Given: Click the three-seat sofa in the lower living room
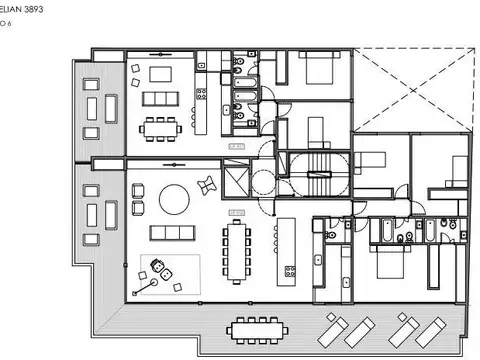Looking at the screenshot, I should point(172,232).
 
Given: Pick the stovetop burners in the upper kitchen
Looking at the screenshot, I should point(201,94).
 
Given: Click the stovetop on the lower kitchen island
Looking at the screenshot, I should point(290,270).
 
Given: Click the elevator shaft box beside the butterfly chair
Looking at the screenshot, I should point(235,181).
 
